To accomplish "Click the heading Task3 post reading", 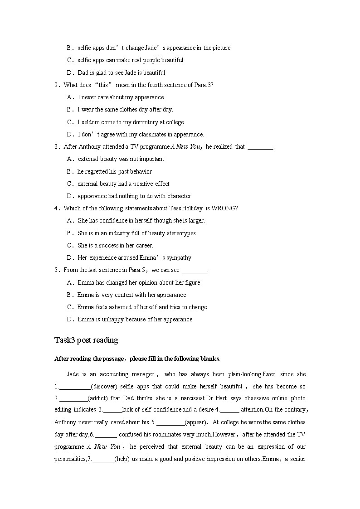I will (x=86, y=340).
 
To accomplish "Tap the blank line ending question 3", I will (x=261, y=147).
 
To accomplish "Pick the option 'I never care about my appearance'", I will (x=121, y=97).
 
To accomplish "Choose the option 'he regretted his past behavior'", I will (x=114, y=171).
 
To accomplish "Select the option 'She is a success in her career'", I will (x=115, y=245).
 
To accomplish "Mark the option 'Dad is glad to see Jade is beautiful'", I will (x=121, y=73).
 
